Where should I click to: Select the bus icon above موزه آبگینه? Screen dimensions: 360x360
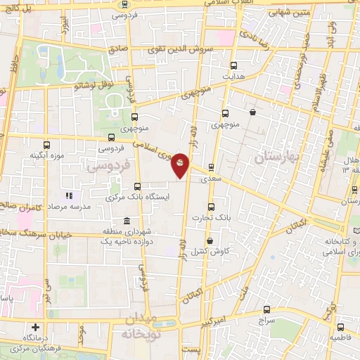coord(47,144)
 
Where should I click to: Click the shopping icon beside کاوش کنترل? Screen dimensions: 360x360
coord(210,241)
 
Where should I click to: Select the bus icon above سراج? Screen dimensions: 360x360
coord(266,309)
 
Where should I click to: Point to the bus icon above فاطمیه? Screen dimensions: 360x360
coord(340,327)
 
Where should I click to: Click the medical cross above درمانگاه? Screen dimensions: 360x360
coord(36,327)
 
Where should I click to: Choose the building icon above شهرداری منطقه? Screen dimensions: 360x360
coord(127,221)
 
